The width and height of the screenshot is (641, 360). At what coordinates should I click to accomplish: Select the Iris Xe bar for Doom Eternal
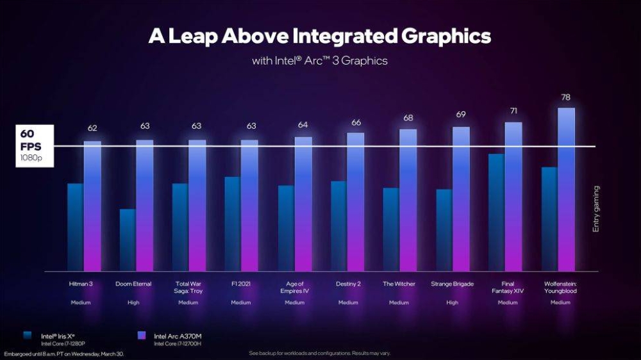128,240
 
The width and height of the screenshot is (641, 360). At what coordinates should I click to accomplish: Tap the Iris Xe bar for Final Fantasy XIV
496,211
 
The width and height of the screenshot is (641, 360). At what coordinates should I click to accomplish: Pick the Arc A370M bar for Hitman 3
92,205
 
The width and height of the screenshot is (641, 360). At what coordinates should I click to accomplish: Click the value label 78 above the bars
565,97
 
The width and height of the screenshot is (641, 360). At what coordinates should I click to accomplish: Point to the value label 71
513,111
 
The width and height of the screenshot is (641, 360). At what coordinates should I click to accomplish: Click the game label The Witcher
399,284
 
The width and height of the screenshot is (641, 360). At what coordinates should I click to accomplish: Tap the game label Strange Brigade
452,284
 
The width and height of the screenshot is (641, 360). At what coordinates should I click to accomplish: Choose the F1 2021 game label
241,284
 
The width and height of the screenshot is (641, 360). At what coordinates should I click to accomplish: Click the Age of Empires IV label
294,287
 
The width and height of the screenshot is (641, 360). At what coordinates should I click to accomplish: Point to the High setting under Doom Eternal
133,302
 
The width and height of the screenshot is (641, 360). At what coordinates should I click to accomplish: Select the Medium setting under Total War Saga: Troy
188,302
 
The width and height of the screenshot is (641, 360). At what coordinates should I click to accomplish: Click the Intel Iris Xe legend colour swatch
26,334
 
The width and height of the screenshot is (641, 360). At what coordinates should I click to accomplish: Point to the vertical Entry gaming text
595,209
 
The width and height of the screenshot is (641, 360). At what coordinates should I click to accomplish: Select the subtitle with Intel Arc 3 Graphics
319,61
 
